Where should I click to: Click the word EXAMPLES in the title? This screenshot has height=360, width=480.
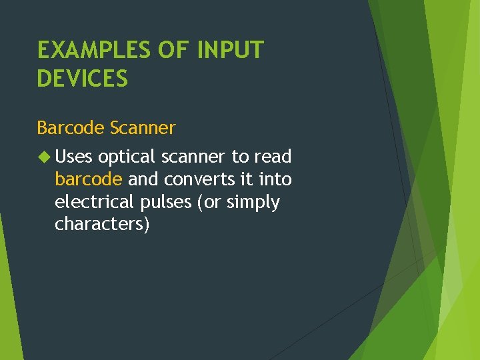(93, 50)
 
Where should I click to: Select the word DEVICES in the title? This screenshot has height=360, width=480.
(82, 79)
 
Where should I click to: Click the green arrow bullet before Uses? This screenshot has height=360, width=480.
(43, 157)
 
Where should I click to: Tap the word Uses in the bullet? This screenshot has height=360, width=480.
(74, 157)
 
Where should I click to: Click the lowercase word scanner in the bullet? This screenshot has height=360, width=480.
(193, 157)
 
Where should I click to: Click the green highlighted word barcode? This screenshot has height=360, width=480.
(89, 179)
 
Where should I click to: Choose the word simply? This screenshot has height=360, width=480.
(253, 203)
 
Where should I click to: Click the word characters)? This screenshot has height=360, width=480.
(102, 225)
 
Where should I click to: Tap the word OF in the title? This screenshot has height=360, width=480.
(174, 50)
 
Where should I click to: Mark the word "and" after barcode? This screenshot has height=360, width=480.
(143, 179)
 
